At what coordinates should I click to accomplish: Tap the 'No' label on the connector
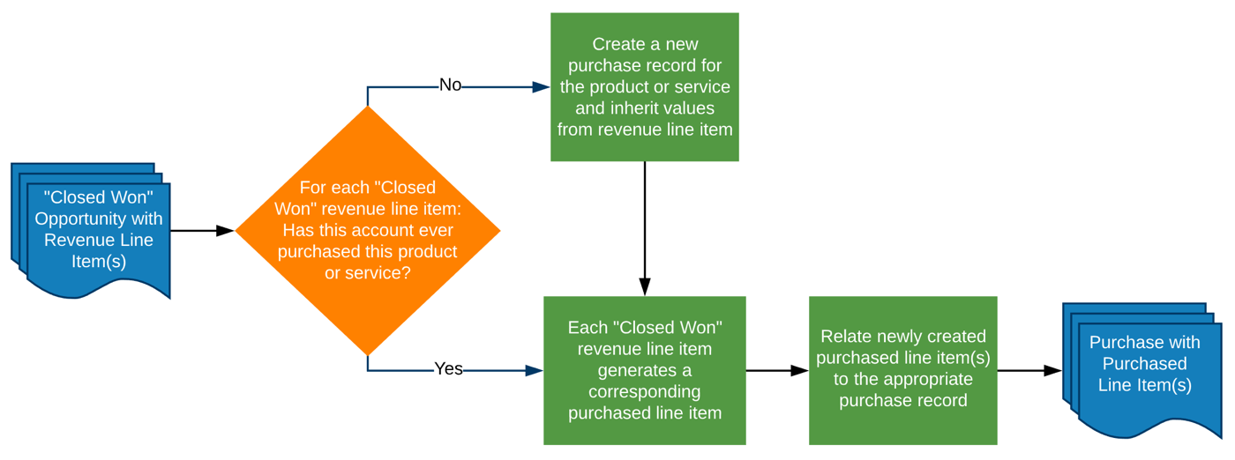coord(450,85)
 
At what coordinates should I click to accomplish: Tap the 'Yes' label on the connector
coord(448,369)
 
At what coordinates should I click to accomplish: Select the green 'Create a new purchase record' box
coord(644,86)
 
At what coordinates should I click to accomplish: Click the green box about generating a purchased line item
coord(644,370)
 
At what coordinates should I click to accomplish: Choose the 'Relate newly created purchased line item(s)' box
coord(902,370)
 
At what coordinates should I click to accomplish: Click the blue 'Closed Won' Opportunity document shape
coord(98,231)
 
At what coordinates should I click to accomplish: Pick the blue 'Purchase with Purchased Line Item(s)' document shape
coord(1144,370)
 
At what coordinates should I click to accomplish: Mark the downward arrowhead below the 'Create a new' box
coord(645,286)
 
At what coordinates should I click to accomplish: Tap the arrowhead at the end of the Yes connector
coord(534,371)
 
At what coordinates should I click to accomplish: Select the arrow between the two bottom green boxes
coord(777,371)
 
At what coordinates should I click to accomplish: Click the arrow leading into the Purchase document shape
coord(1029,371)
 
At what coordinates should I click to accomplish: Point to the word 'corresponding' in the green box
coord(644,391)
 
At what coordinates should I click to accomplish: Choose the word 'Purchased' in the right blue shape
coord(1144,364)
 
